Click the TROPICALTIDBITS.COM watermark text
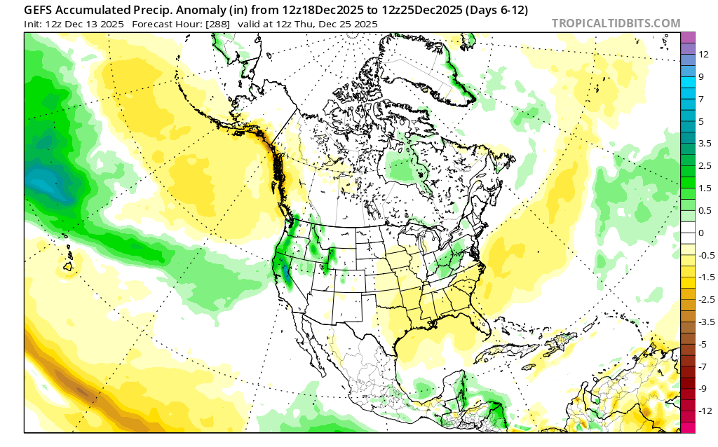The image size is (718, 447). [x=616, y=23]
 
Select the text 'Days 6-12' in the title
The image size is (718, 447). [x=497, y=11]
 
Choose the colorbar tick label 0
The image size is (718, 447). [x=700, y=233]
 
